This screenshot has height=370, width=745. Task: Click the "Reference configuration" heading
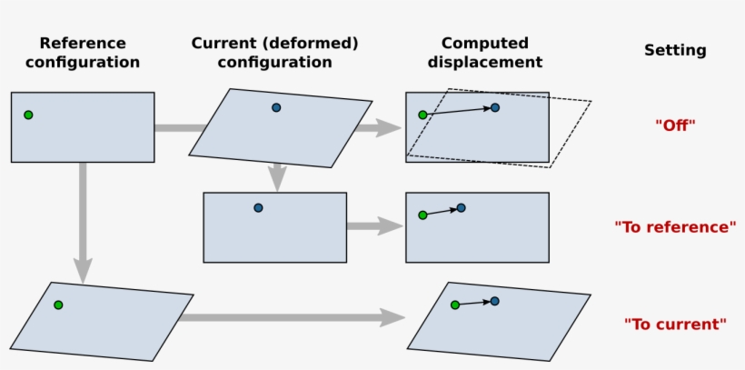pos(83,53)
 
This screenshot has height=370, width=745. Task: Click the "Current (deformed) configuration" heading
pos(275,53)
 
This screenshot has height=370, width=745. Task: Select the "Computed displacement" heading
pos(492,53)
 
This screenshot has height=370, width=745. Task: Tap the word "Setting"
pos(675,51)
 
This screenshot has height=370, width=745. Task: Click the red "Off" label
pos(675,125)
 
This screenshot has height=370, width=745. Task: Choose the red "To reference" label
pos(675,226)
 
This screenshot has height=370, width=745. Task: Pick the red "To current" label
pos(675,324)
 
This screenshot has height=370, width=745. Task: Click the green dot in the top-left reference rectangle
pos(28,115)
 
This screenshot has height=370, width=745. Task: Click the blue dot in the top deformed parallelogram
pos(276,107)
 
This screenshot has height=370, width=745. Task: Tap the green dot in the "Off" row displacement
pos(422,115)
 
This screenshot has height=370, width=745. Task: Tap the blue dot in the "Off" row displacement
pos(495,107)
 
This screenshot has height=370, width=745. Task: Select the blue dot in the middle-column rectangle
pos(259,208)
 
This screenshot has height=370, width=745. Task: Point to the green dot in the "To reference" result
pos(422,215)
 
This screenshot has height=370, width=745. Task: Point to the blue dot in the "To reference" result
pos(462,208)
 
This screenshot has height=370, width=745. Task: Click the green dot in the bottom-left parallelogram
pos(58,305)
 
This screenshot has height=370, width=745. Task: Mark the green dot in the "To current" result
pos(455,305)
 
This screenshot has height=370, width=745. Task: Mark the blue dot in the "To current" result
pos(495,301)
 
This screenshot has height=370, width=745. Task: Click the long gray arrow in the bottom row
pos(291,317)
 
